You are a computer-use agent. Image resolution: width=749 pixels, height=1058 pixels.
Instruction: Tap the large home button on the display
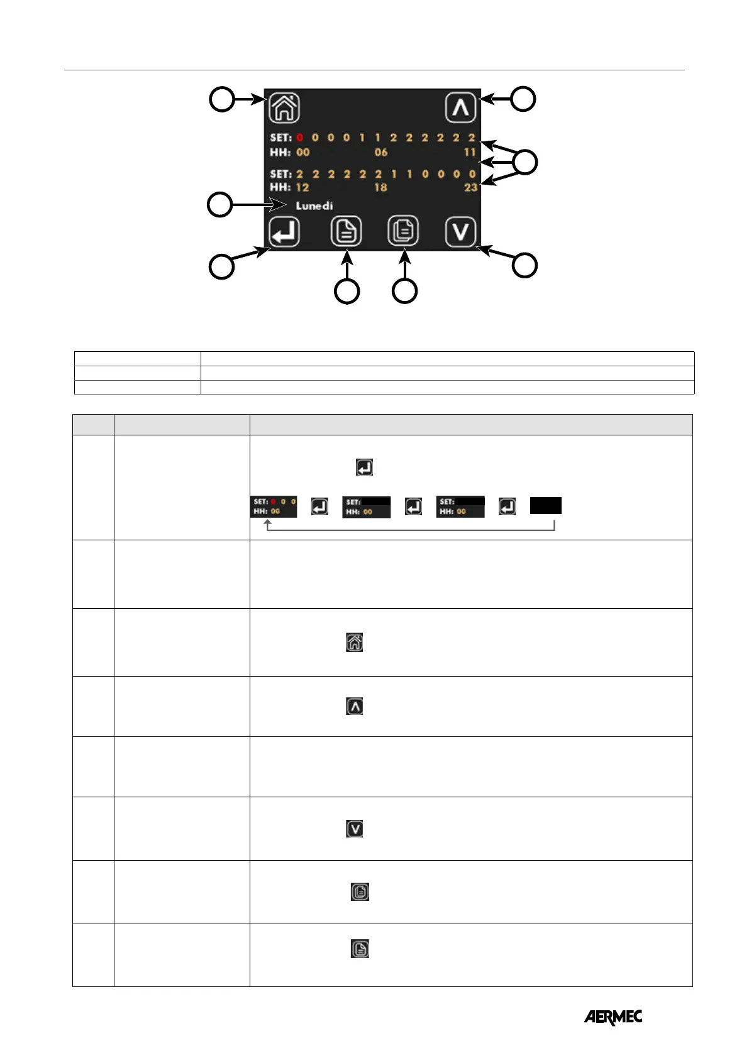(284, 107)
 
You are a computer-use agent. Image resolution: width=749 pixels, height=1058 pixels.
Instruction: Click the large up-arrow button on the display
(460, 107)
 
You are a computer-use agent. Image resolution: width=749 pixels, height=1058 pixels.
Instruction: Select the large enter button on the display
(284, 232)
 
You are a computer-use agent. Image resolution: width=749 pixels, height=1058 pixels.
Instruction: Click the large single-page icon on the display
(346, 232)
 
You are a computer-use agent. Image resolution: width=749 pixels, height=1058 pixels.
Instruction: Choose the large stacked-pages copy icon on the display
(403, 232)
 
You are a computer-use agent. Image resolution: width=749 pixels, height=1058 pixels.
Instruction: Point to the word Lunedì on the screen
(314, 206)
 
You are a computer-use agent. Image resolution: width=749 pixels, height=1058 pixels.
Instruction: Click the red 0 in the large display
(300, 138)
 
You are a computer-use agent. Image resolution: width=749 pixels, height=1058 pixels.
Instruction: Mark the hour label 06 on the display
(381, 152)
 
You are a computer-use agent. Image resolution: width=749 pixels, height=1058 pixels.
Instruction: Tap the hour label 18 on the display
(380, 187)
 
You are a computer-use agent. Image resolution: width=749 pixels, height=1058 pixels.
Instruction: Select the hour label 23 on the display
(470, 187)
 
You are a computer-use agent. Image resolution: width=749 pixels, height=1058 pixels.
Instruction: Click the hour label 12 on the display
(302, 187)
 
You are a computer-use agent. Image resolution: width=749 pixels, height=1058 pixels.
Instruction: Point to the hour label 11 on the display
(470, 152)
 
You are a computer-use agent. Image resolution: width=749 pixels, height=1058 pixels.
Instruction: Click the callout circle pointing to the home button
(221, 99)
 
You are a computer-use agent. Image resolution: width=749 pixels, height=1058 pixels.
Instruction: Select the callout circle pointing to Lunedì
(220, 205)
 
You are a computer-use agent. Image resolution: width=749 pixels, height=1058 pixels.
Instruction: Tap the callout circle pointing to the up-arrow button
(523, 99)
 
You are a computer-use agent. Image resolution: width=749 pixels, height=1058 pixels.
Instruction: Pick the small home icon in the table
(355, 642)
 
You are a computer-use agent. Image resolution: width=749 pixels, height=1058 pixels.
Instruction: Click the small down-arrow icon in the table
(355, 829)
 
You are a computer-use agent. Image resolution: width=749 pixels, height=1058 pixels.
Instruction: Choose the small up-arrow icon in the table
(355, 707)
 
